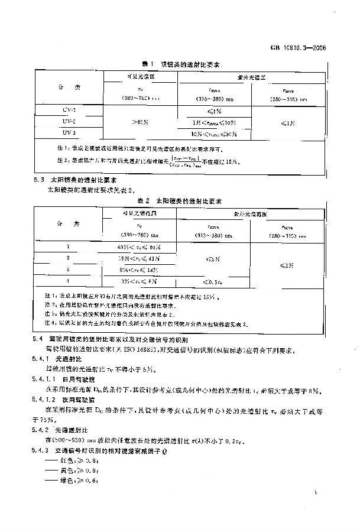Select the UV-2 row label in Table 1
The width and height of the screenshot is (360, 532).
(70, 121)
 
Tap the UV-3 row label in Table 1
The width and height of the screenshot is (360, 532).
(70, 132)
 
